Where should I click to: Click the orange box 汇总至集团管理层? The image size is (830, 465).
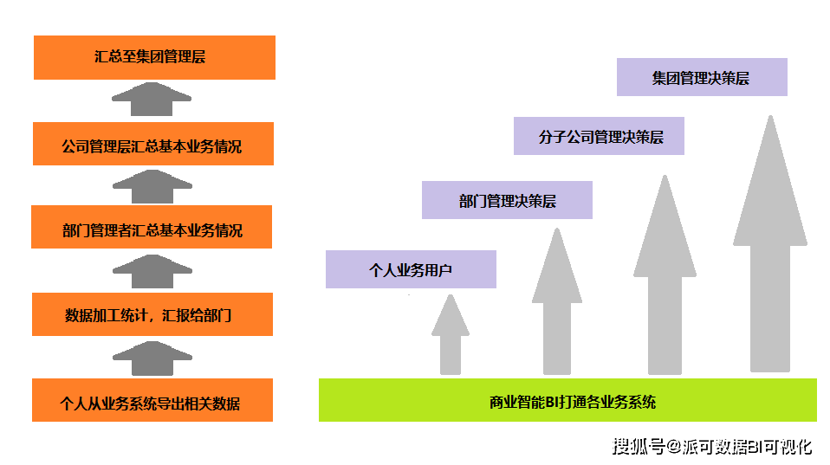coord(153,57)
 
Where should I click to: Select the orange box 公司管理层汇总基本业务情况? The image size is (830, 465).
coord(153,144)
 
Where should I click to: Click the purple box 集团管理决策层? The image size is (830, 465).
coord(702,77)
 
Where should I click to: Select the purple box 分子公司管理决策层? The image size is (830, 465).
coord(599,136)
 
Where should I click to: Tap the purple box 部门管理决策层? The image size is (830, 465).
coord(507,200)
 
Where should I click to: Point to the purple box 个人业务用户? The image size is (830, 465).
coord(411,269)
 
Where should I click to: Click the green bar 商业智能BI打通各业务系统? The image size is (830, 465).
coord(567,401)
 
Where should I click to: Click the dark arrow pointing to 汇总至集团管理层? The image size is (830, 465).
coord(151,100)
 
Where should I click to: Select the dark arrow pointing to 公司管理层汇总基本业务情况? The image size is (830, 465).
coord(151,186)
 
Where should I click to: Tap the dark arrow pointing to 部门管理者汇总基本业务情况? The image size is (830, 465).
coord(151,272)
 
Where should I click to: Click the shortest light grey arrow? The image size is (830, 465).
coord(450,338)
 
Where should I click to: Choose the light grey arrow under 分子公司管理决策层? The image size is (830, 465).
coord(665,277)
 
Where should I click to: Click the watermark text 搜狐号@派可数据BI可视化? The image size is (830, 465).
coord(712,447)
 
